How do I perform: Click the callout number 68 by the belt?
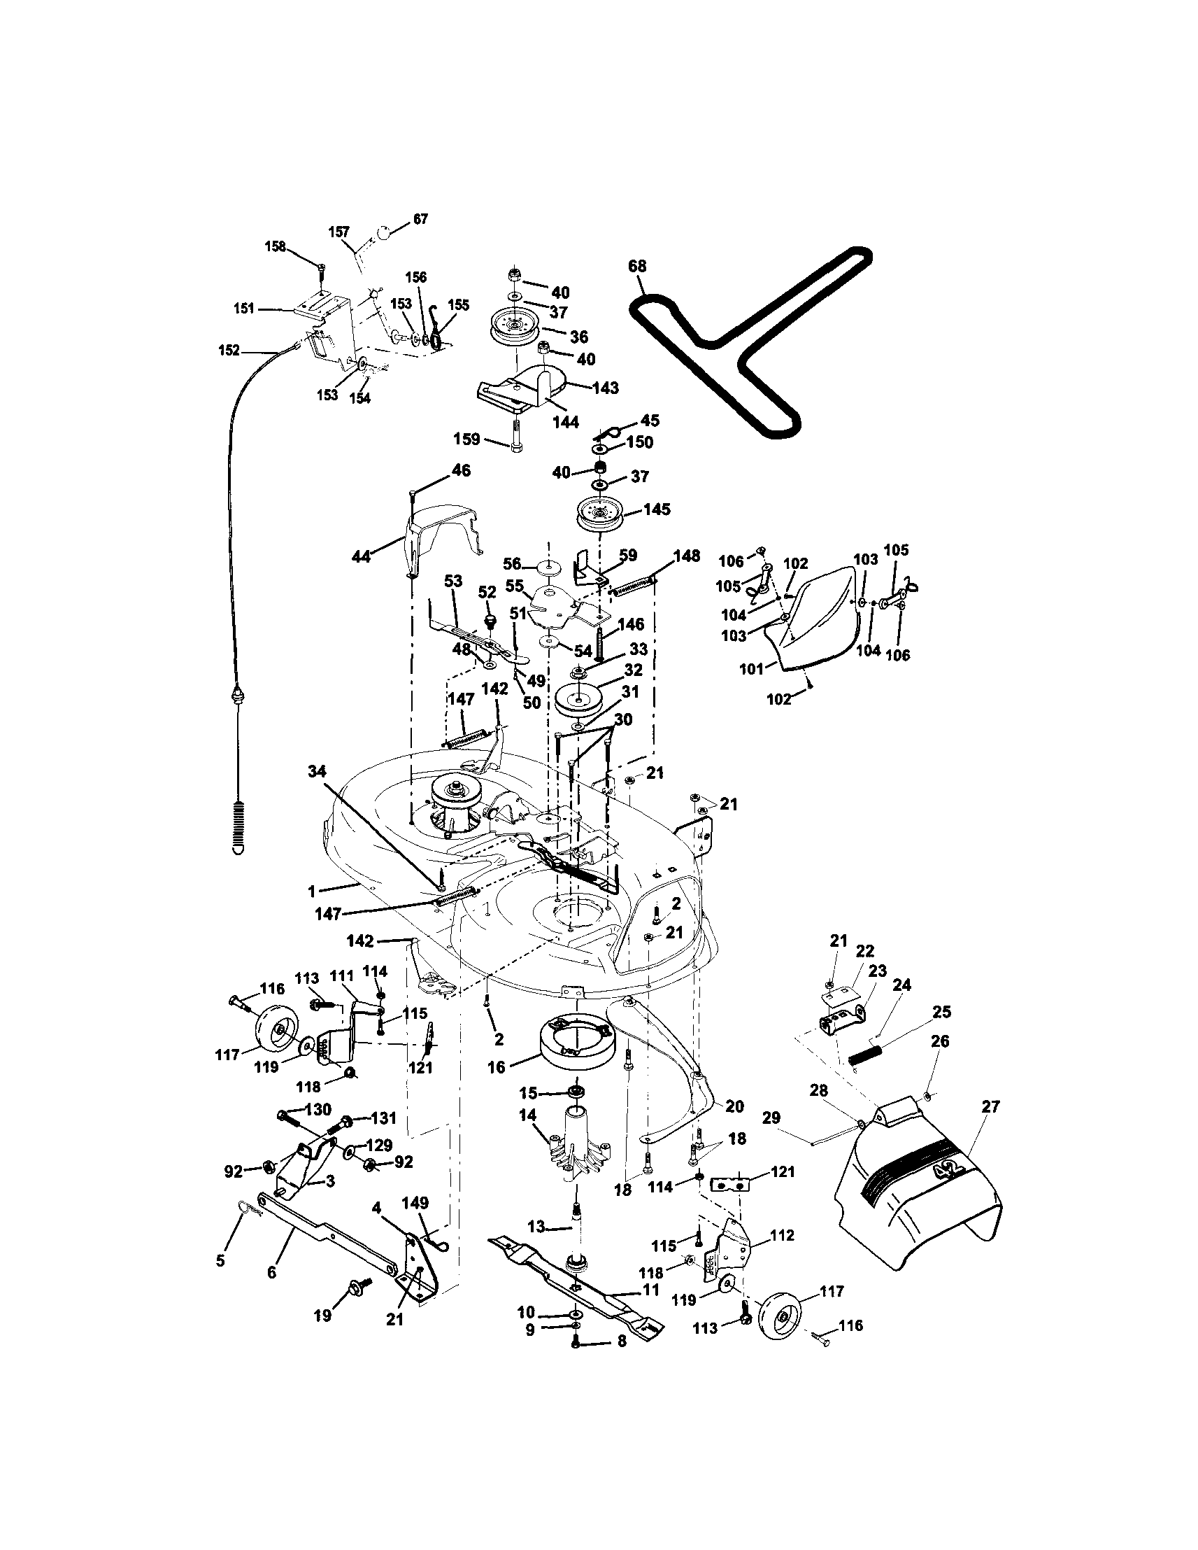(x=637, y=267)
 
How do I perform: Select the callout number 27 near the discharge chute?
(x=990, y=1106)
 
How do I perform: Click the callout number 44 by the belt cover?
(x=362, y=557)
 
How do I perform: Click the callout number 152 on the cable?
(x=229, y=351)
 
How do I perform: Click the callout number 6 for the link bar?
(x=271, y=1272)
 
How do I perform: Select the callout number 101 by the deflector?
(x=753, y=668)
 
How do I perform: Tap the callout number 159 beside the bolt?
(x=468, y=439)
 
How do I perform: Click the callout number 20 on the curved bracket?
(x=734, y=1106)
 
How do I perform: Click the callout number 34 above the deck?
(x=317, y=770)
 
